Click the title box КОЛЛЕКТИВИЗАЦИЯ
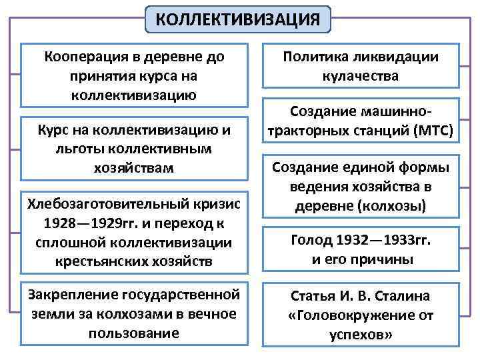[238, 19]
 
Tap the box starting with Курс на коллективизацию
[134, 149]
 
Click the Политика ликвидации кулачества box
[361, 66]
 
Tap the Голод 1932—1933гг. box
[361, 249]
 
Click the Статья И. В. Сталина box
[361, 315]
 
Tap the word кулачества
[361, 76]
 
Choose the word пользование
[134, 331]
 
